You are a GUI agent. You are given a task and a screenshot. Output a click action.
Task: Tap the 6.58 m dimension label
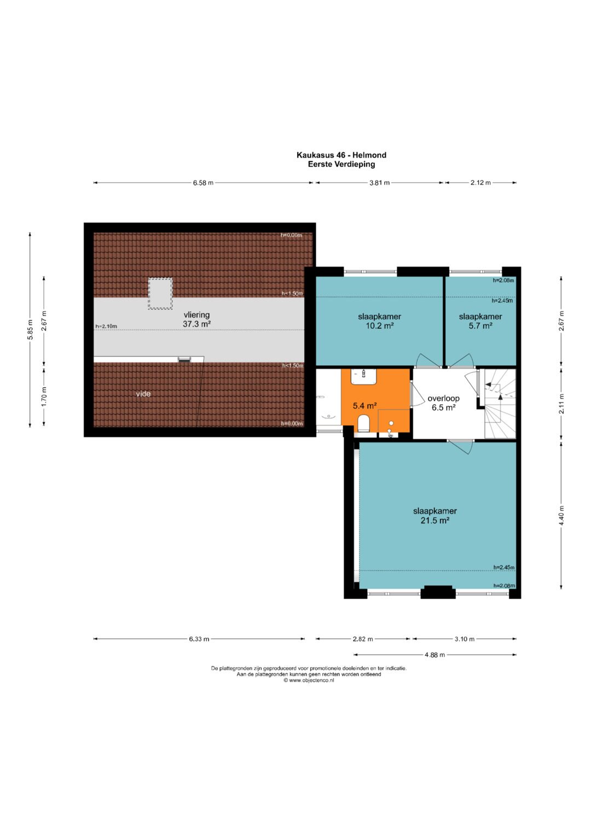203,183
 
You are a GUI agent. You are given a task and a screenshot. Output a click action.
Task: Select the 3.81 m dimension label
379,183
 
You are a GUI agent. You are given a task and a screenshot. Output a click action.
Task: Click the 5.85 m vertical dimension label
31,330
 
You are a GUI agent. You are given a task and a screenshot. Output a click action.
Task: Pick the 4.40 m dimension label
562,515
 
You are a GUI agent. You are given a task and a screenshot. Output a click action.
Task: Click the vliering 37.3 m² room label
196,319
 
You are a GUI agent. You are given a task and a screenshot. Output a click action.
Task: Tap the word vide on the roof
143,394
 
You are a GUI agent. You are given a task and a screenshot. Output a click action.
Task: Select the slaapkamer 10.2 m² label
379,321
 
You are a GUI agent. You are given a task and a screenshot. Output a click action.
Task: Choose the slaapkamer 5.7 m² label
480,321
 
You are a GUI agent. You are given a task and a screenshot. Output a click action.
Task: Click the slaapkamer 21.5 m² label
434,515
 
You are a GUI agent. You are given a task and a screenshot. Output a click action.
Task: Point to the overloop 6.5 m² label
443,403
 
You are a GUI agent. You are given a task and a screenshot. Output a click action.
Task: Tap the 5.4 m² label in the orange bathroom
364,406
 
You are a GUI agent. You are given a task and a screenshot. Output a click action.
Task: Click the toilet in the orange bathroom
363,424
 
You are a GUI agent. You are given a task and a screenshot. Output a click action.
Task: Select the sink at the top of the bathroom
363,376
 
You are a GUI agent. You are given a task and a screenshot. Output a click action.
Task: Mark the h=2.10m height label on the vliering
106,326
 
